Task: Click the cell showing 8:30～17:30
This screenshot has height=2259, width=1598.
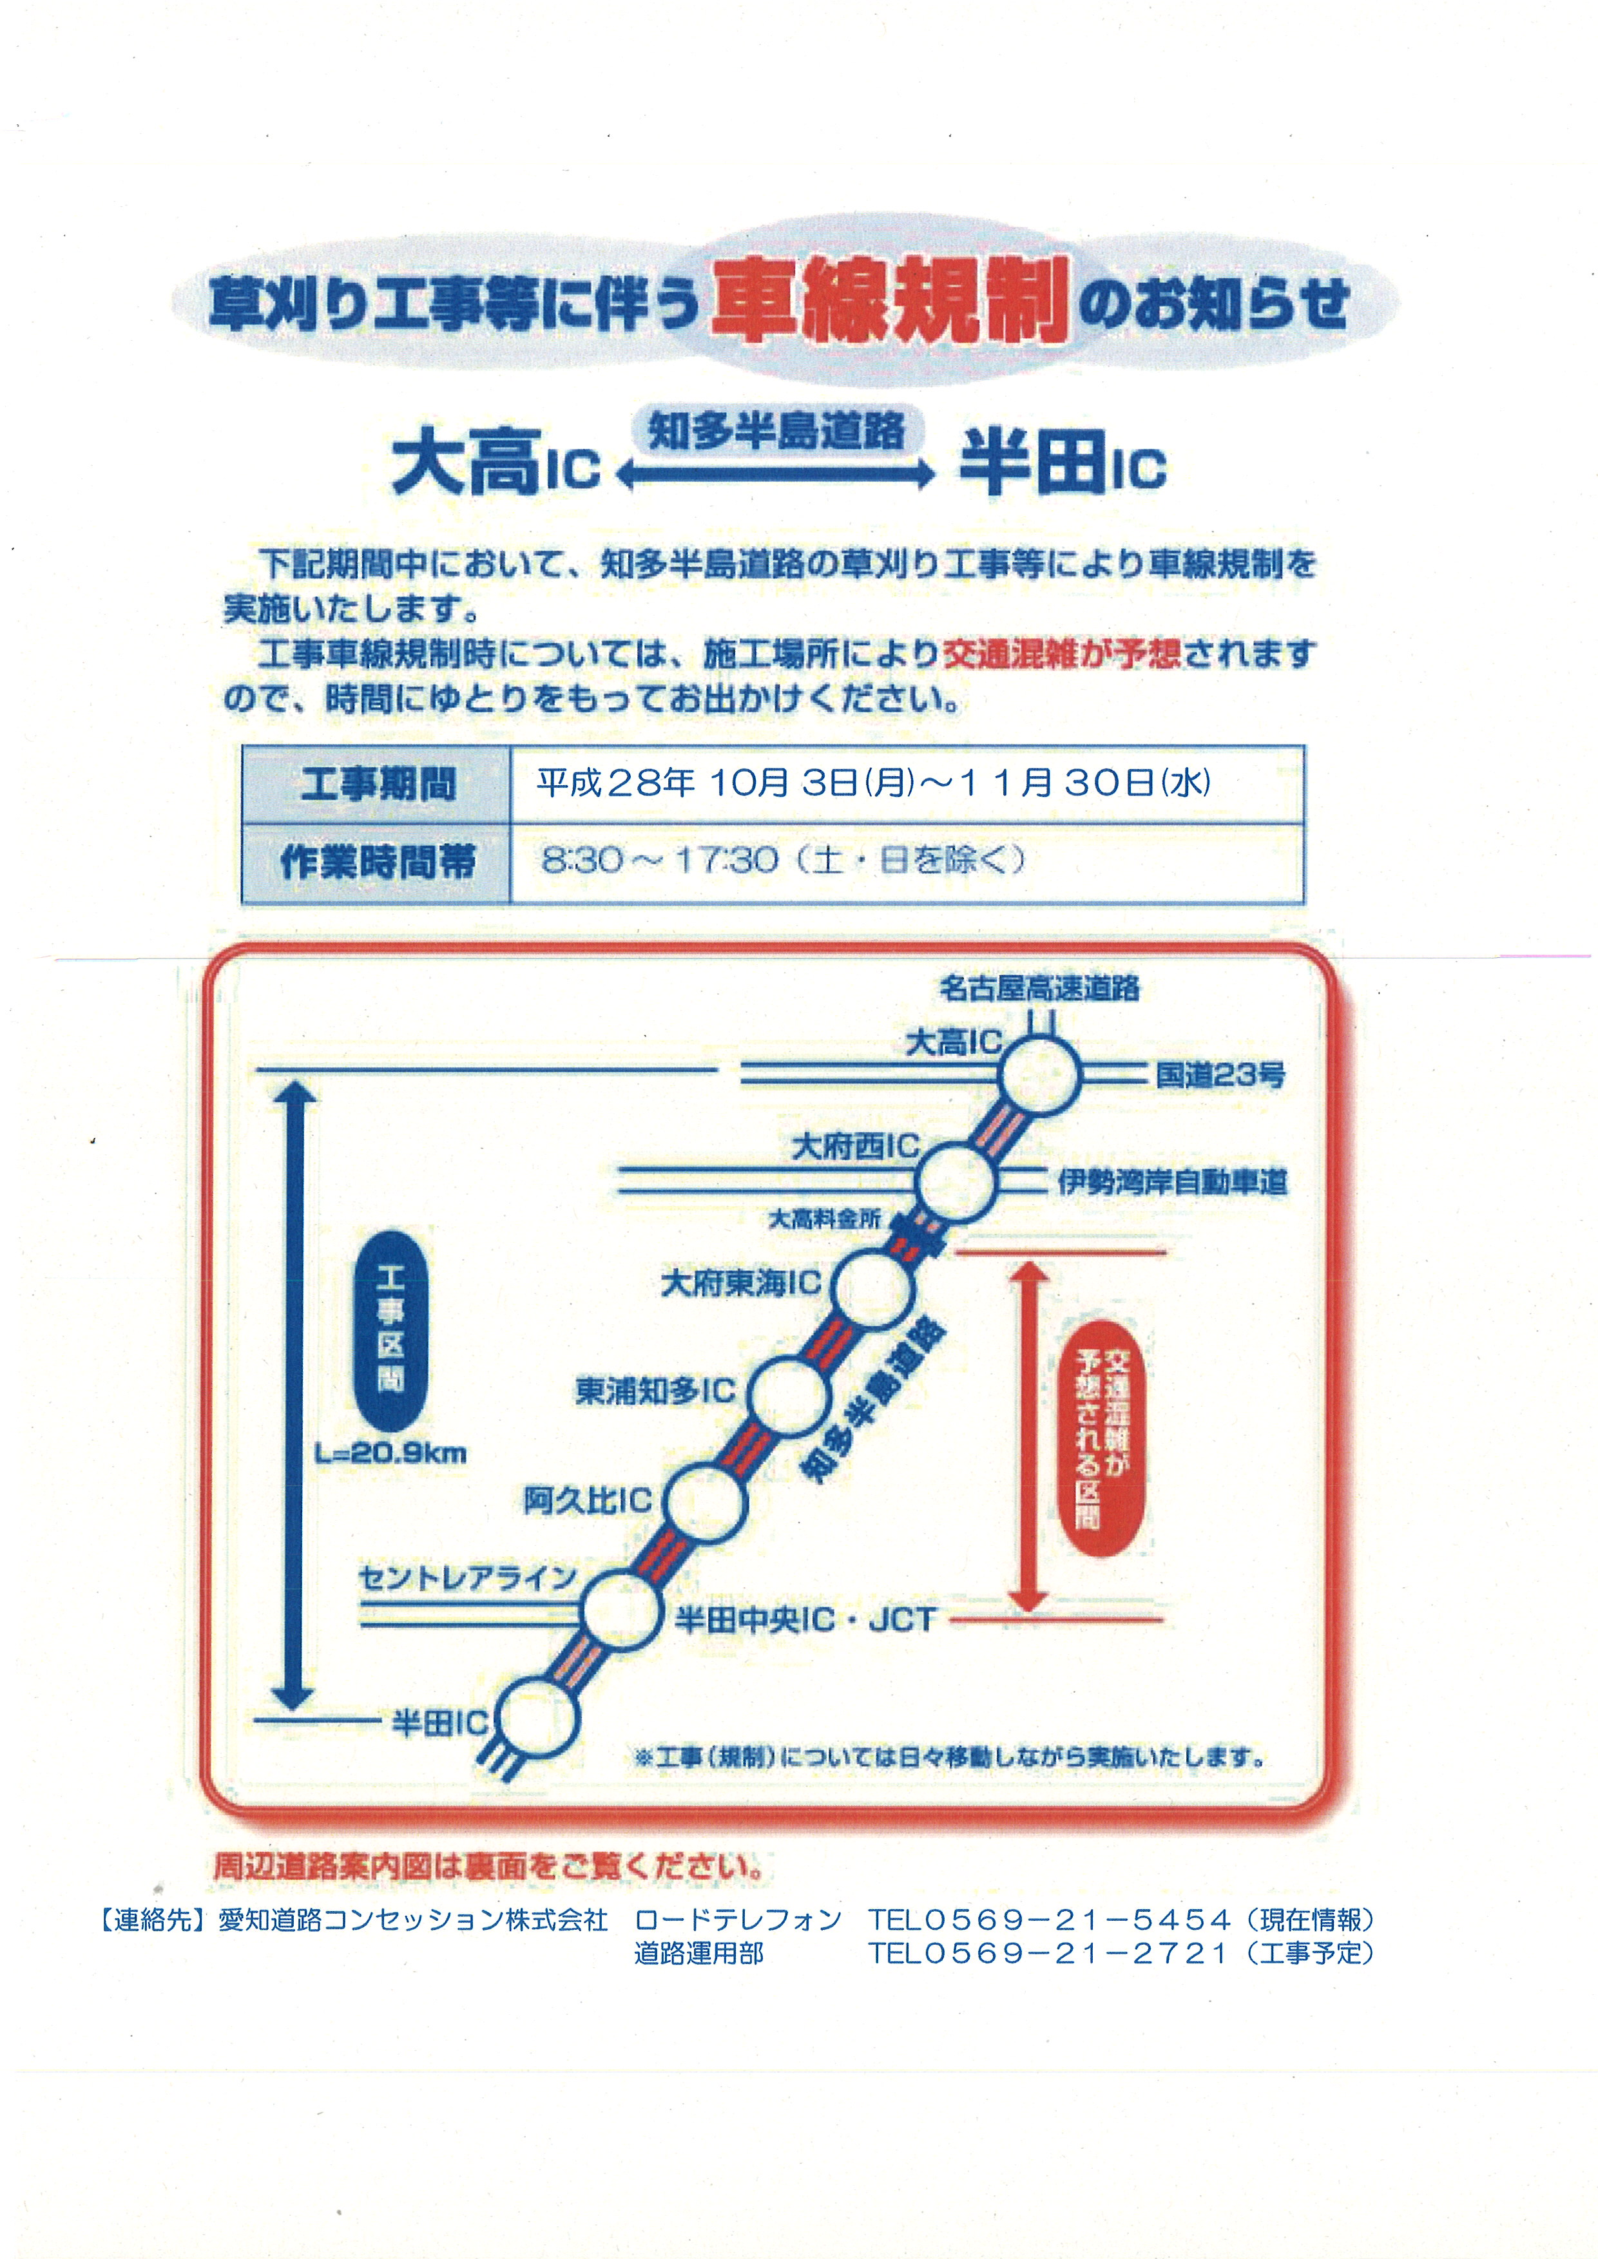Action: point(906,862)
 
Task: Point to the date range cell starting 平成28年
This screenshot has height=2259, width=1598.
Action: point(906,784)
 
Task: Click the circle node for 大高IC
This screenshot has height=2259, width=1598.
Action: point(1039,1074)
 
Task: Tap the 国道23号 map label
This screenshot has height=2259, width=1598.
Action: point(1220,1074)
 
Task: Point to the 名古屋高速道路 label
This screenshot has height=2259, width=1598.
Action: point(1039,988)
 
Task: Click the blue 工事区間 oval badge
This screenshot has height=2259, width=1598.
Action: point(390,1330)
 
